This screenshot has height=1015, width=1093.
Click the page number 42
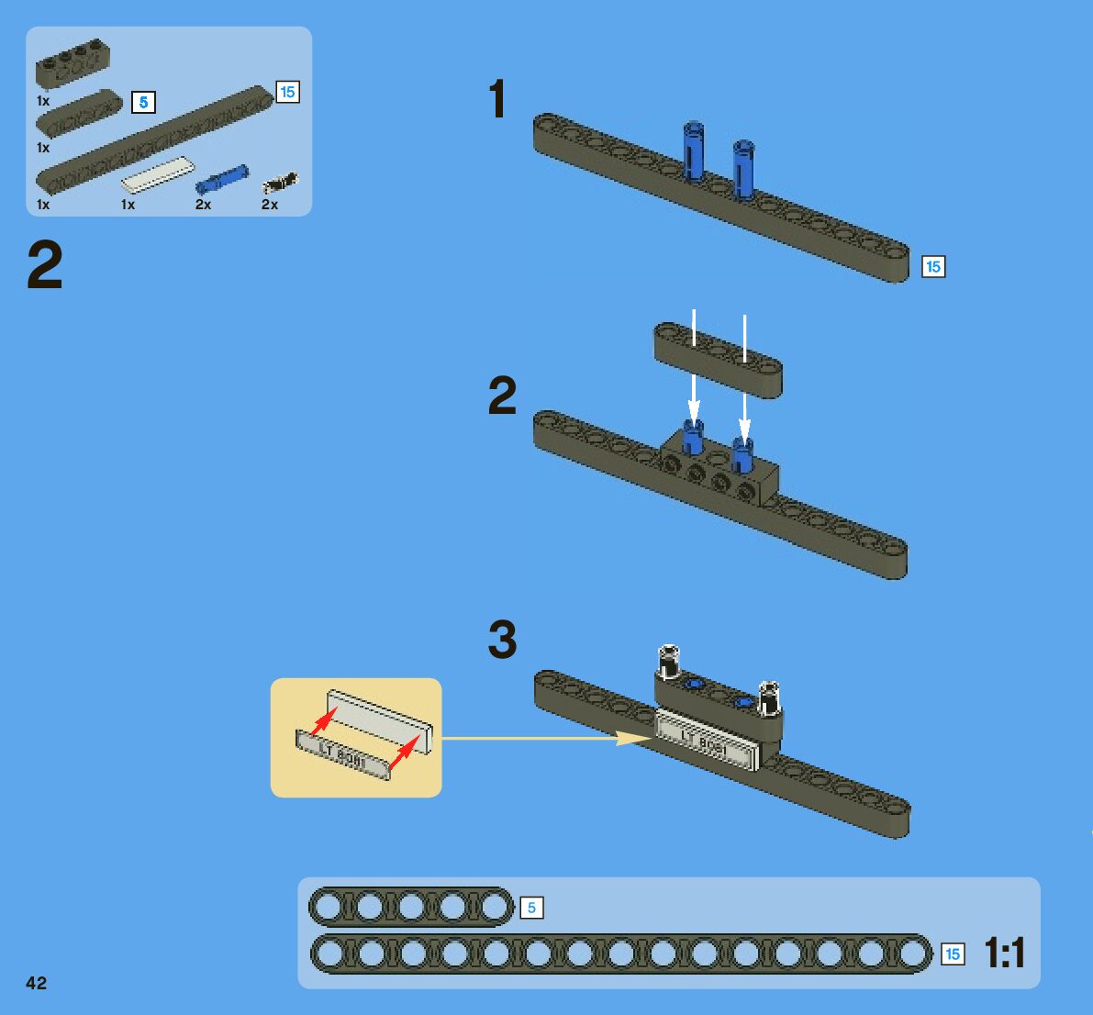[37, 983]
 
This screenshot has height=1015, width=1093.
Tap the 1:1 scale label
[1005, 954]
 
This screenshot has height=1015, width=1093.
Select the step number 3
[502, 640]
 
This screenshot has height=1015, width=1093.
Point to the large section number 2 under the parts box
[45, 265]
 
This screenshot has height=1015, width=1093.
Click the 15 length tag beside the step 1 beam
[933, 267]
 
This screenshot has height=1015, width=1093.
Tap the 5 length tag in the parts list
[143, 102]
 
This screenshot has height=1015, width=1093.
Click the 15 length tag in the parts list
[287, 92]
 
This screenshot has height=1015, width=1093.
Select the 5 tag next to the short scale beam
[531, 909]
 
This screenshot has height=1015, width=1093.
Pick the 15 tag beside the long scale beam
[953, 954]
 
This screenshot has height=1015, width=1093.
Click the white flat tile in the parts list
[158, 173]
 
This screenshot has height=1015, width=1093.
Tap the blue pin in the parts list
[222, 178]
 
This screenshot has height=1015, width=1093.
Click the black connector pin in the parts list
[280, 182]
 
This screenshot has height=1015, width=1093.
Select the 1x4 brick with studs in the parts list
[67, 66]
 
